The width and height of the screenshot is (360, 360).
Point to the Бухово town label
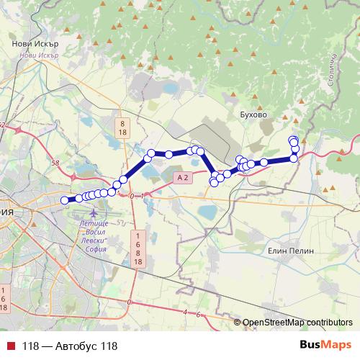point(252,114)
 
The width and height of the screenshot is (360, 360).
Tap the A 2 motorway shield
point(182,176)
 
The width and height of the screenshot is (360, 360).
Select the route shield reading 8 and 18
point(123,128)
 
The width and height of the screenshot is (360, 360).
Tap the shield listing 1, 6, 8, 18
point(137,249)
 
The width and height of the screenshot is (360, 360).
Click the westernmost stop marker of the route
point(65,200)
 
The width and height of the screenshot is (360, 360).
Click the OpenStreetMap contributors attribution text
point(297,323)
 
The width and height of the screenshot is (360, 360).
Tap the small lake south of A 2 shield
point(207,212)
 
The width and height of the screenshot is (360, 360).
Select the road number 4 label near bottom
point(185,312)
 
